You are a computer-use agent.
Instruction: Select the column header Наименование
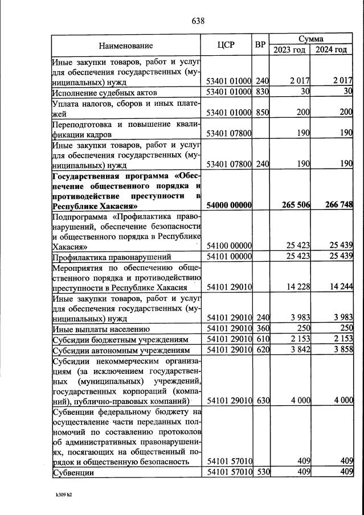point(126,46)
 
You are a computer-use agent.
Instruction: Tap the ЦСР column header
point(227,45)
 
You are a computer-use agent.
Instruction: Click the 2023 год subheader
point(289,50)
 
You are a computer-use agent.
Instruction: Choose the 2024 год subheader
point(332,50)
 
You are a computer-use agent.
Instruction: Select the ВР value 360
point(261,328)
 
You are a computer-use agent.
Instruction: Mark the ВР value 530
point(261,472)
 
